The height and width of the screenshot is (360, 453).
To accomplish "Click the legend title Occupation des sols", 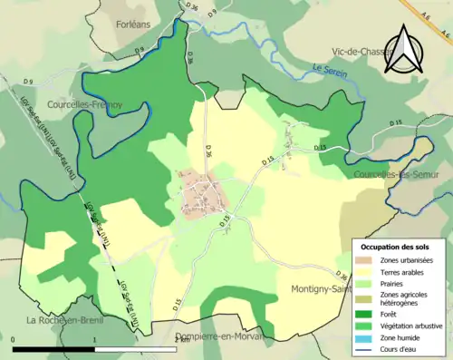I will point(397,247).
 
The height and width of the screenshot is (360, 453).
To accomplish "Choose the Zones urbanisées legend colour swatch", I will point(365,260).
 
